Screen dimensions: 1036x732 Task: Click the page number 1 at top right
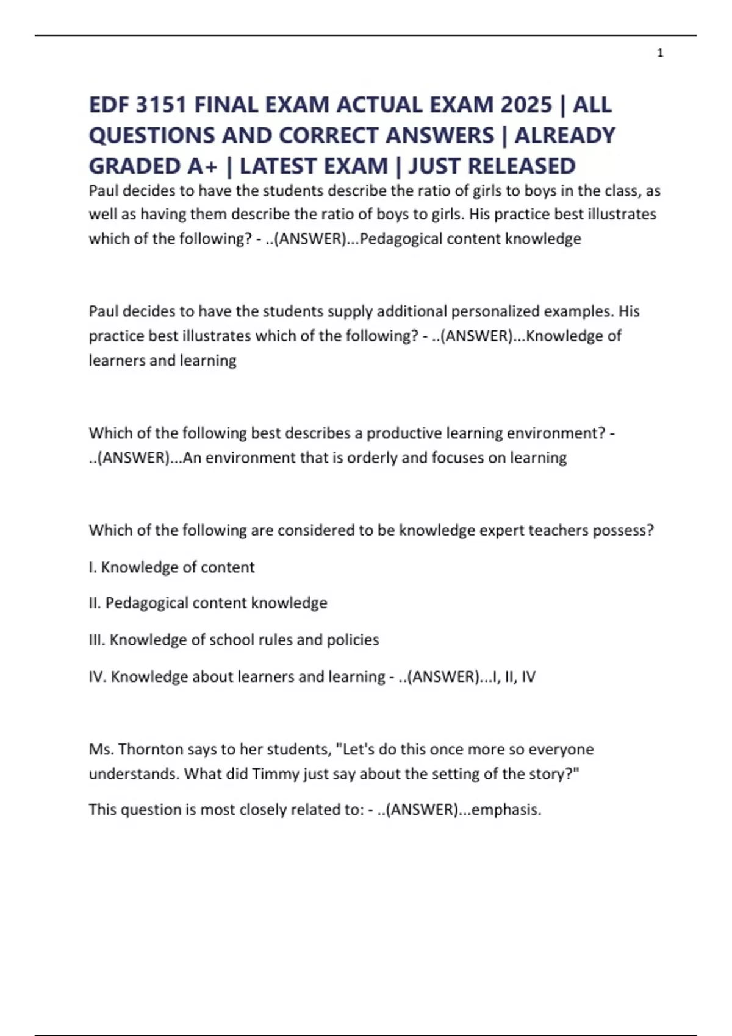660,53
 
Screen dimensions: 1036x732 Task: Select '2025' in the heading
526,105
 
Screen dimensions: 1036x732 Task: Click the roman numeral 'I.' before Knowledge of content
93,567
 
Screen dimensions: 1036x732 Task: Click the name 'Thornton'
150,749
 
